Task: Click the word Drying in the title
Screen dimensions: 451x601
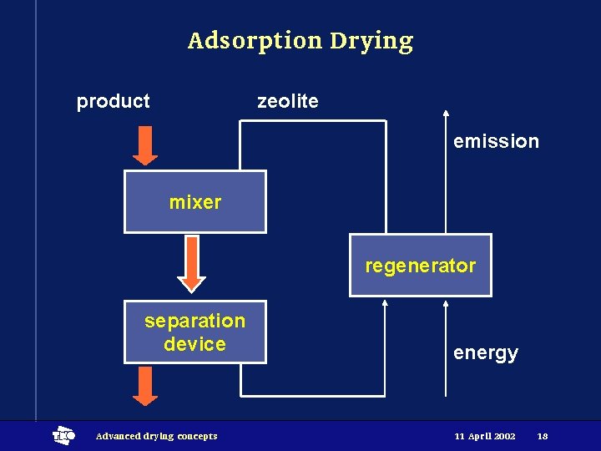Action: click(371, 42)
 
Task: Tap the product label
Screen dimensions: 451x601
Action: click(113, 102)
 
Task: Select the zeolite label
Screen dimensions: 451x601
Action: click(287, 101)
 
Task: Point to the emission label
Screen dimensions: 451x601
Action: click(496, 141)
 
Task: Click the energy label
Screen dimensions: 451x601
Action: click(485, 352)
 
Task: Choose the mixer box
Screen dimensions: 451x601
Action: click(194, 202)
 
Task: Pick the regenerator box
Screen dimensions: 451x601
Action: click(420, 266)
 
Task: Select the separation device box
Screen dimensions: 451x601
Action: click(194, 332)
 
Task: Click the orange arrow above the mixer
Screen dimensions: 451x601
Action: click(145, 146)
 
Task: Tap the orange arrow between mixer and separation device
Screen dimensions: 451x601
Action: click(192, 264)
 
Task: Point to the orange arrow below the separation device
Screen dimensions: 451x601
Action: click(145, 387)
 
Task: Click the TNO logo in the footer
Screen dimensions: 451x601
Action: click(63, 435)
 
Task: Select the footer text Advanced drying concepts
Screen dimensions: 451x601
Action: click(156, 436)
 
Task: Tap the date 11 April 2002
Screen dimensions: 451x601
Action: click(485, 436)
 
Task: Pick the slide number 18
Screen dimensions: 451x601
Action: click(543, 436)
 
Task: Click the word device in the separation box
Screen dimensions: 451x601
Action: click(194, 344)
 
